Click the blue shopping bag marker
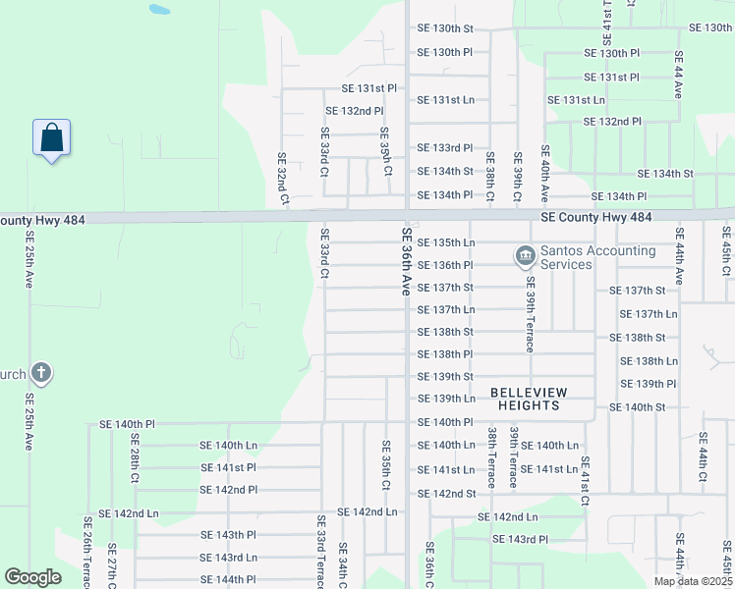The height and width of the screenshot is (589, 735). click(x=52, y=138)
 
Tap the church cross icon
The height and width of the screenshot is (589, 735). click(x=40, y=372)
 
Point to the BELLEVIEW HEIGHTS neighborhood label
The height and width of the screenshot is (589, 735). click(x=538, y=399)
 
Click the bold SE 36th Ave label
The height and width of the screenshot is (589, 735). click(x=405, y=262)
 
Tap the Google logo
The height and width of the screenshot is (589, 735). click(x=32, y=577)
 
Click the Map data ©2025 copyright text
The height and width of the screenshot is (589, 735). click(x=692, y=581)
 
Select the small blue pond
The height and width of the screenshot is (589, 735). click(x=158, y=11)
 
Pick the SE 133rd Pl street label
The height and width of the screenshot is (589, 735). click(x=445, y=147)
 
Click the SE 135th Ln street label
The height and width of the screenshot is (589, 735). click(x=445, y=242)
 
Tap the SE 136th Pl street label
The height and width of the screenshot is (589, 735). click(x=445, y=265)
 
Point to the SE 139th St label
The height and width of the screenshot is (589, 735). click(x=445, y=376)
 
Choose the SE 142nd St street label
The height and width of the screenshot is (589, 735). click(x=445, y=494)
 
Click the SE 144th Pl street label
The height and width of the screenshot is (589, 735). click(x=228, y=579)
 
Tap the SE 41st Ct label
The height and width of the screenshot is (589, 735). click(x=585, y=481)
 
